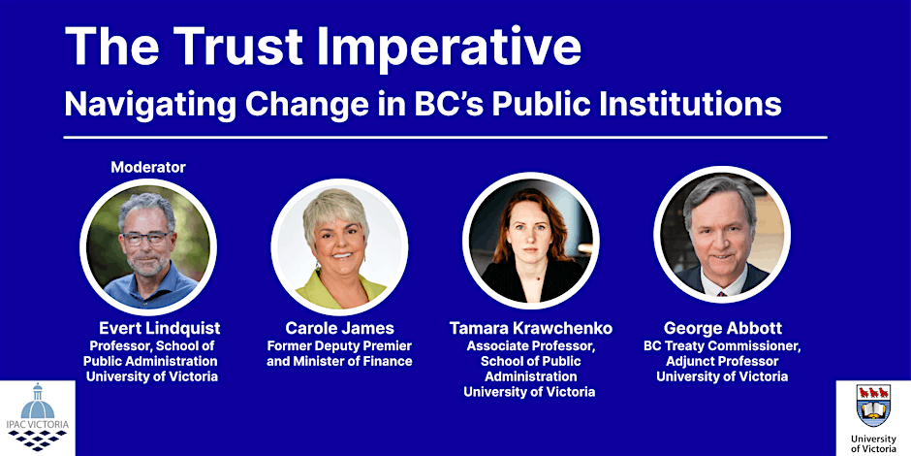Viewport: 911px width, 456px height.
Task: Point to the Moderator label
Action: pyautogui.click(x=148, y=167)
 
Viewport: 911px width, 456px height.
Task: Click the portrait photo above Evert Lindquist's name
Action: pyautogui.click(x=147, y=245)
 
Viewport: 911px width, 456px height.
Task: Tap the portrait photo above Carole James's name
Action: pyautogui.click(x=338, y=245)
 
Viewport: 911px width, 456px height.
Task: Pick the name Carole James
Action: pyautogui.click(x=339, y=328)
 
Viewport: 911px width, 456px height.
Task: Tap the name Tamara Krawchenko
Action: pyautogui.click(x=530, y=328)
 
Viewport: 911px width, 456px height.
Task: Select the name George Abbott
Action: pyautogui.click(x=722, y=328)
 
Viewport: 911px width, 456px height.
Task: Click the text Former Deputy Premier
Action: pyautogui.click(x=339, y=345)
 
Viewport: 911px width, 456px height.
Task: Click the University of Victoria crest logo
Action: pyautogui.click(x=873, y=407)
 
